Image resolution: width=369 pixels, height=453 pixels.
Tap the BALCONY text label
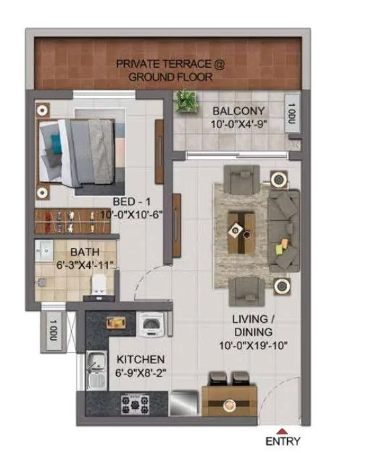pos(238,111)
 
